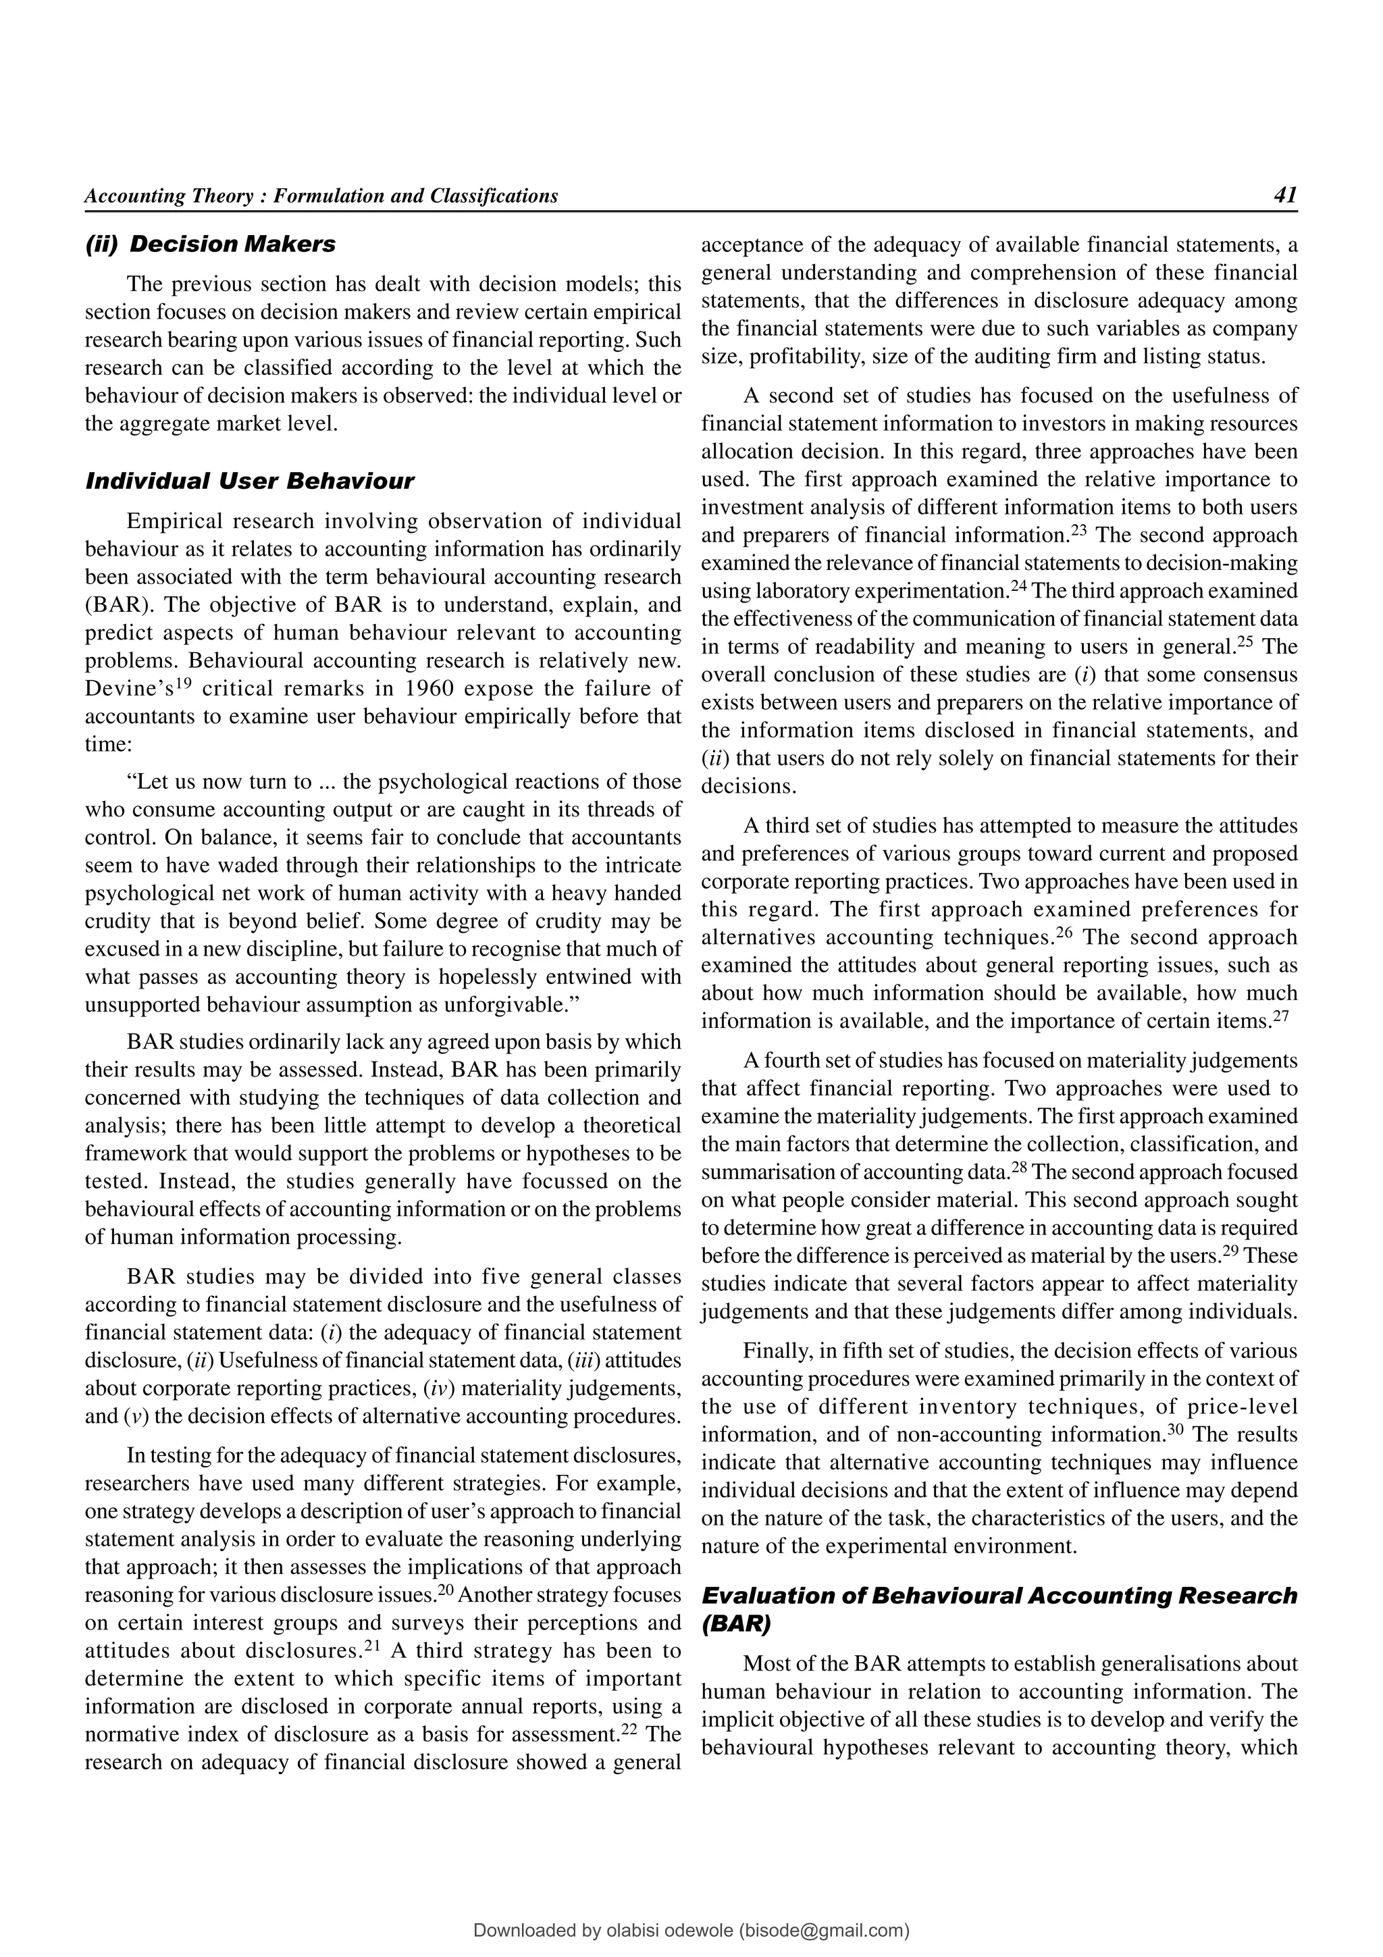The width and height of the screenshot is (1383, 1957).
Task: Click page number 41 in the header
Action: click(x=1285, y=195)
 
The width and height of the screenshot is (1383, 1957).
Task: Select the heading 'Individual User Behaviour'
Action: click(x=250, y=481)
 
